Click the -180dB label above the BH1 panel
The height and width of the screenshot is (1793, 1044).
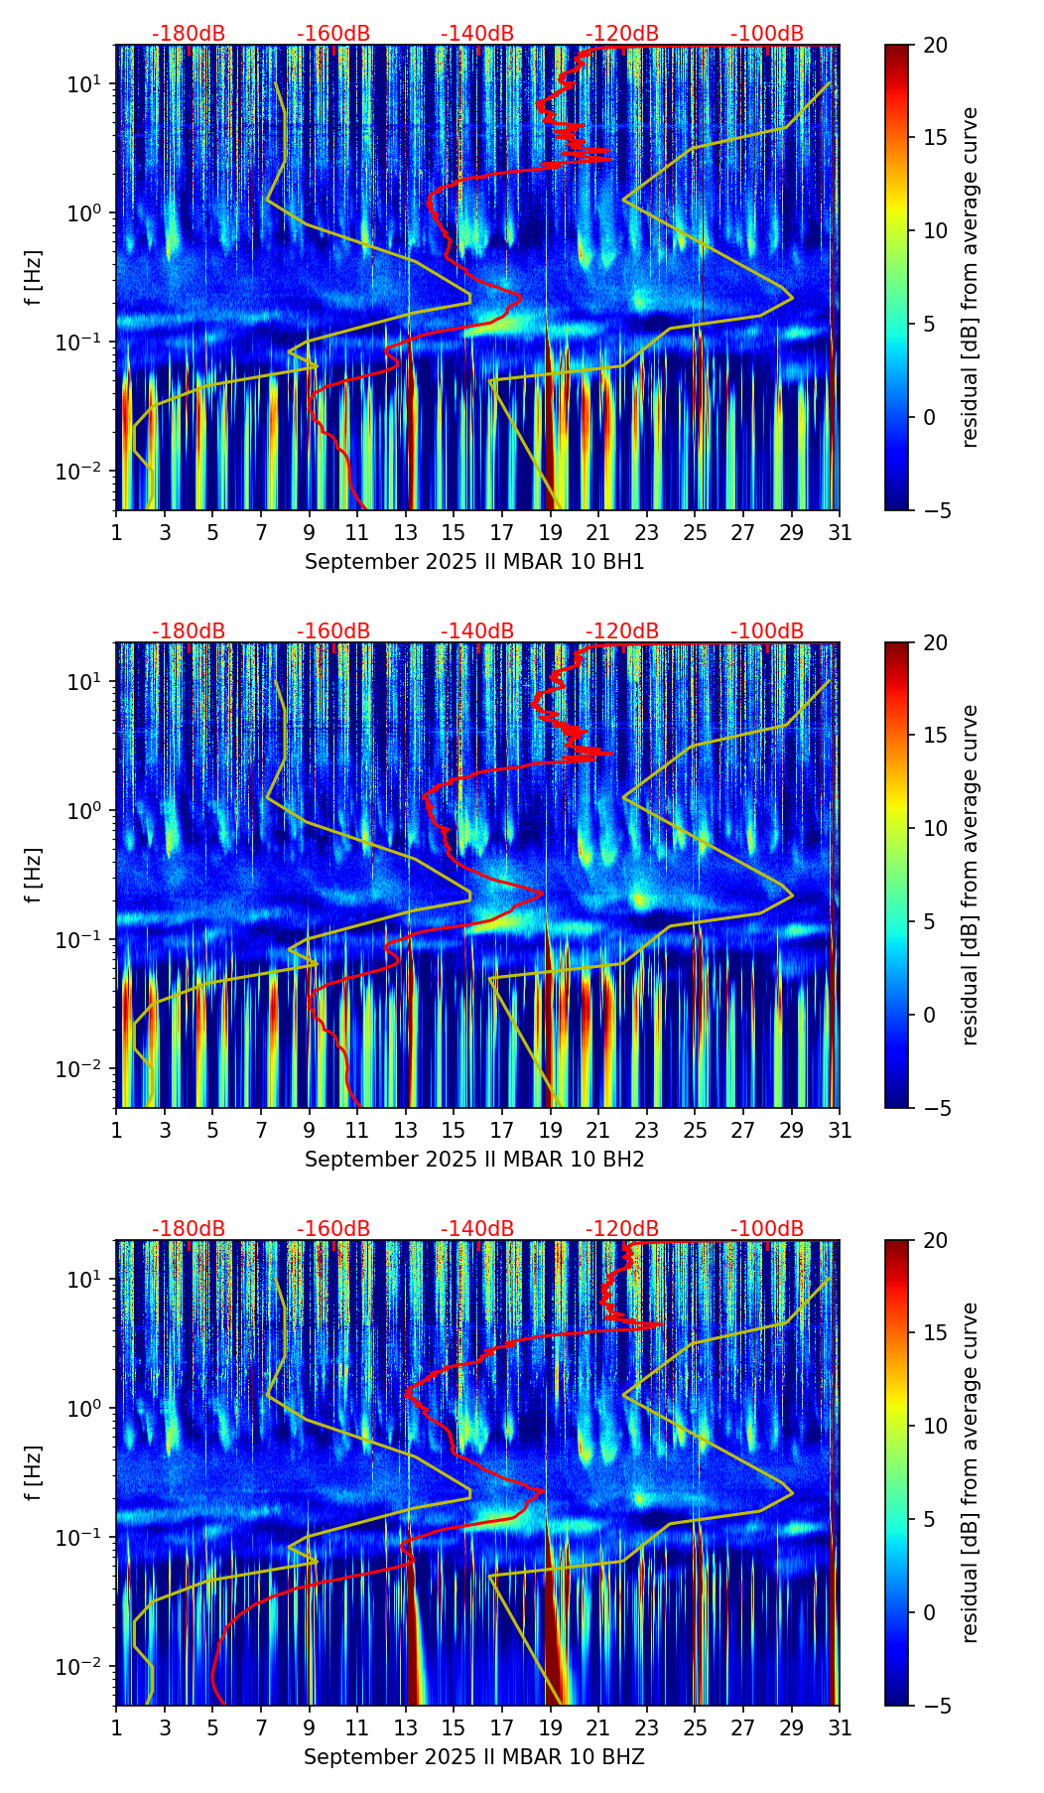click(x=189, y=34)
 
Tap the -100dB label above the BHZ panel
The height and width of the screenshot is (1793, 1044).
click(x=767, y=1229)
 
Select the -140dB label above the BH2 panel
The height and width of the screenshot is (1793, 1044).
click(x=477, y=631)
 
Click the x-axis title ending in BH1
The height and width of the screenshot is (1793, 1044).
click(x=474, y=562)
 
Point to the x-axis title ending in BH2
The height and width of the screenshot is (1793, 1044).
click(x=474, y=1160)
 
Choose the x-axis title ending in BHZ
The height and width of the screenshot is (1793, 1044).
click(x=474, y=1757)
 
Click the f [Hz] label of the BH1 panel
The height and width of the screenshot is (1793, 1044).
click(x=34, y=277)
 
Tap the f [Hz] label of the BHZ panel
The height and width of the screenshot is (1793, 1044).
click(x=34, y=1472)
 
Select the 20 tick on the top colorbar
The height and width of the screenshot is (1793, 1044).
click(x=935, y=45)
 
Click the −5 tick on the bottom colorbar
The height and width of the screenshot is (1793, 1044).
click(x=935, y=1706)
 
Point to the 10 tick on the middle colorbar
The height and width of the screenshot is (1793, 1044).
click(x=935, y=828)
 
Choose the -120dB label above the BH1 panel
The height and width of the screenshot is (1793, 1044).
click(x=622, y=34)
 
